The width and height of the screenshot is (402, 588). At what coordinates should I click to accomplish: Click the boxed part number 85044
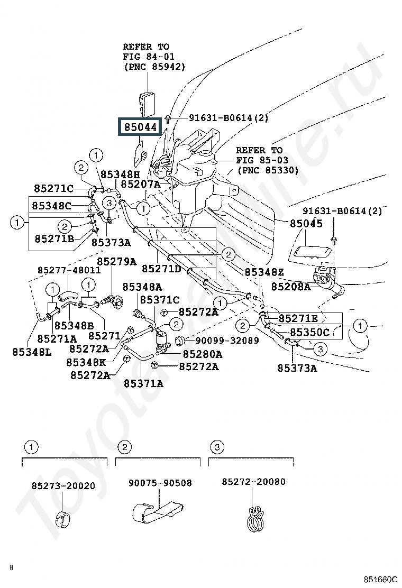click(141, 127)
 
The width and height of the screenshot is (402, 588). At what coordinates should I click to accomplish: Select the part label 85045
click(306, 223)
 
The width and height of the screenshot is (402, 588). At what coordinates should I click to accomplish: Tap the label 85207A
click(140, 184)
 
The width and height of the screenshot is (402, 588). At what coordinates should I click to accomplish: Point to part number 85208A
click(291, 287)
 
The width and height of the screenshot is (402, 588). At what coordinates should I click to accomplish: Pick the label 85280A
click(203, 354)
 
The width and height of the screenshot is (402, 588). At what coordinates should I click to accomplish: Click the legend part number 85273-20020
click(63, 485)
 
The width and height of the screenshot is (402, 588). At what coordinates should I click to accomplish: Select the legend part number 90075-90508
click(160, 483)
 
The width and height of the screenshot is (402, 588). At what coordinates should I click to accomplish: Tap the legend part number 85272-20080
click(253, 482)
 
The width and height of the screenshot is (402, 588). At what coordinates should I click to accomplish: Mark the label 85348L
click(32, 351)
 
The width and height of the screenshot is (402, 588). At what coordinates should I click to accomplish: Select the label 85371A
click(144, 383)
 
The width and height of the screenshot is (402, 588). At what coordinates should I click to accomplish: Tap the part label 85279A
click(116, 261)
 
